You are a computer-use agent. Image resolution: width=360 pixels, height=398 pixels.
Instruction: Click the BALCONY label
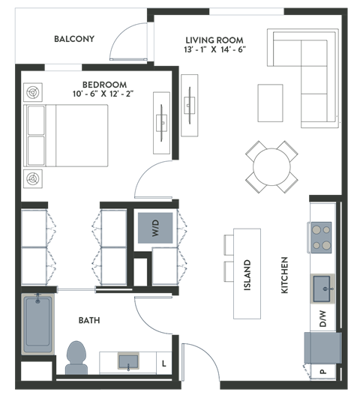click(x=74, y=39)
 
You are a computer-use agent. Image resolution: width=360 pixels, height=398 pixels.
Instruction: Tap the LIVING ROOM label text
click(x=216, y=43)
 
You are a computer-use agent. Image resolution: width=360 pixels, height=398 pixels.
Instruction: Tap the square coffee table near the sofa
click(x=271, y=102)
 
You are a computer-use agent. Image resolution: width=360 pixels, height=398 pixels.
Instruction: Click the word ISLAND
click(x=247, y=274)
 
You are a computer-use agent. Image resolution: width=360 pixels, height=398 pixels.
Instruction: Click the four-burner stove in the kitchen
click(x=322, y=237)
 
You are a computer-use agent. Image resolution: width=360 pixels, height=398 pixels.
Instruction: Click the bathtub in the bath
click(x=37, y=324)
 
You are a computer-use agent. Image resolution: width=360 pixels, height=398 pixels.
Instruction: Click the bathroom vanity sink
click(x=128, y=363)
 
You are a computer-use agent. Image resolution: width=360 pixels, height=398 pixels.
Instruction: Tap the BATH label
click(x=90, y=320)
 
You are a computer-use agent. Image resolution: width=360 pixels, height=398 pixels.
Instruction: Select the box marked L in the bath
click(x=164, y=364)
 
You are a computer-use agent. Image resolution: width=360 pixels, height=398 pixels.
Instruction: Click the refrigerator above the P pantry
click(x=322, y=347)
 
